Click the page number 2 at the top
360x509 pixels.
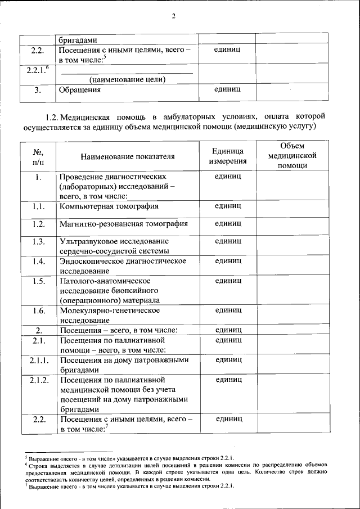point(174,16)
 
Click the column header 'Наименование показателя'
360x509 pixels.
point(127,156)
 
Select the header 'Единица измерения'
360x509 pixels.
point(228,156)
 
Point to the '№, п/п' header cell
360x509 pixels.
point(38,156)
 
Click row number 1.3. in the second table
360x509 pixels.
point(38,242)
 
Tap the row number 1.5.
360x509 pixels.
point(38,281)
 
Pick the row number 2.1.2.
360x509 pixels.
point(38,380)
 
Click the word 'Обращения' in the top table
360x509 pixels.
point(80,89)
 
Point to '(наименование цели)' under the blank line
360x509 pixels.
point(127,79)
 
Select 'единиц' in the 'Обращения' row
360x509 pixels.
point(228,89)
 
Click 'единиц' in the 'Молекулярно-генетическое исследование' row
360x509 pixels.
point(228,310)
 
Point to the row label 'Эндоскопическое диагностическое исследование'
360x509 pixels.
point(123,265)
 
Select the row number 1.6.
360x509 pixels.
point(38,310)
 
